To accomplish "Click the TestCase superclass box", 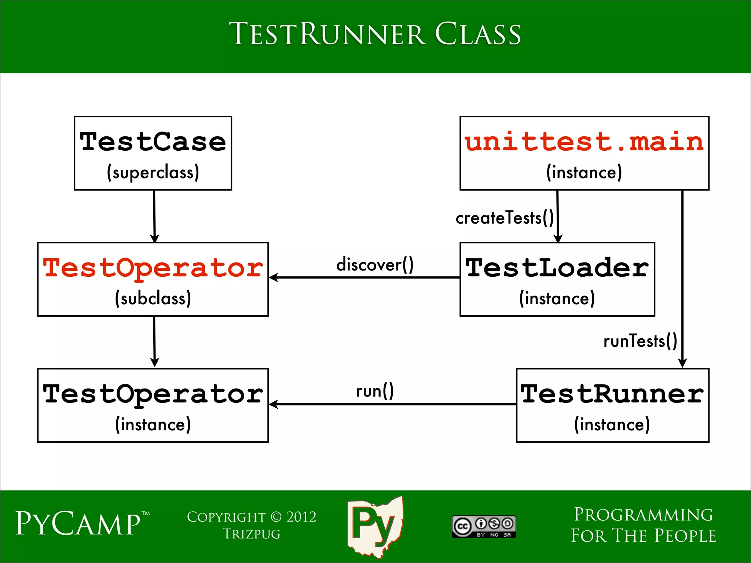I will click(x=153, y=153).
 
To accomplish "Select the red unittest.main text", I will click(x=584, y=142).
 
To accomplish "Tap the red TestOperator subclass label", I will click(x=153, y=268).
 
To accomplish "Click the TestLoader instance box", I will click(x=557, y=279).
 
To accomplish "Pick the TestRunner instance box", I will click(x=612, y=405).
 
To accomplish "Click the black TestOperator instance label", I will click(x=153, y=394).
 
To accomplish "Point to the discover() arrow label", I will click(x=375, y=265).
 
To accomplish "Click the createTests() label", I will click(x=505, y=218).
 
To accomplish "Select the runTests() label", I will click(x=640, y=341).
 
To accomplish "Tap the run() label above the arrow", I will click(x=375, y=391).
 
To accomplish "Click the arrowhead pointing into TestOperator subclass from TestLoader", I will click(x=273, y=277).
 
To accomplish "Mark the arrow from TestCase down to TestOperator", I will click(x=154, y=216).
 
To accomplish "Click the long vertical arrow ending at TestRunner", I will click(x=682, y=279).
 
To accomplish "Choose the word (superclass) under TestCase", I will click(x=153, y=173).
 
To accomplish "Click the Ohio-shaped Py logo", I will click(x=375, y=526).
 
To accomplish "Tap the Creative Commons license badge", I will click(x=484, y=527).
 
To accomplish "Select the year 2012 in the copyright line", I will click(x=301, y=517).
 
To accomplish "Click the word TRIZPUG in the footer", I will click(x=252, y=534).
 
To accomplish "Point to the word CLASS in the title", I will click(x=477, y=34).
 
